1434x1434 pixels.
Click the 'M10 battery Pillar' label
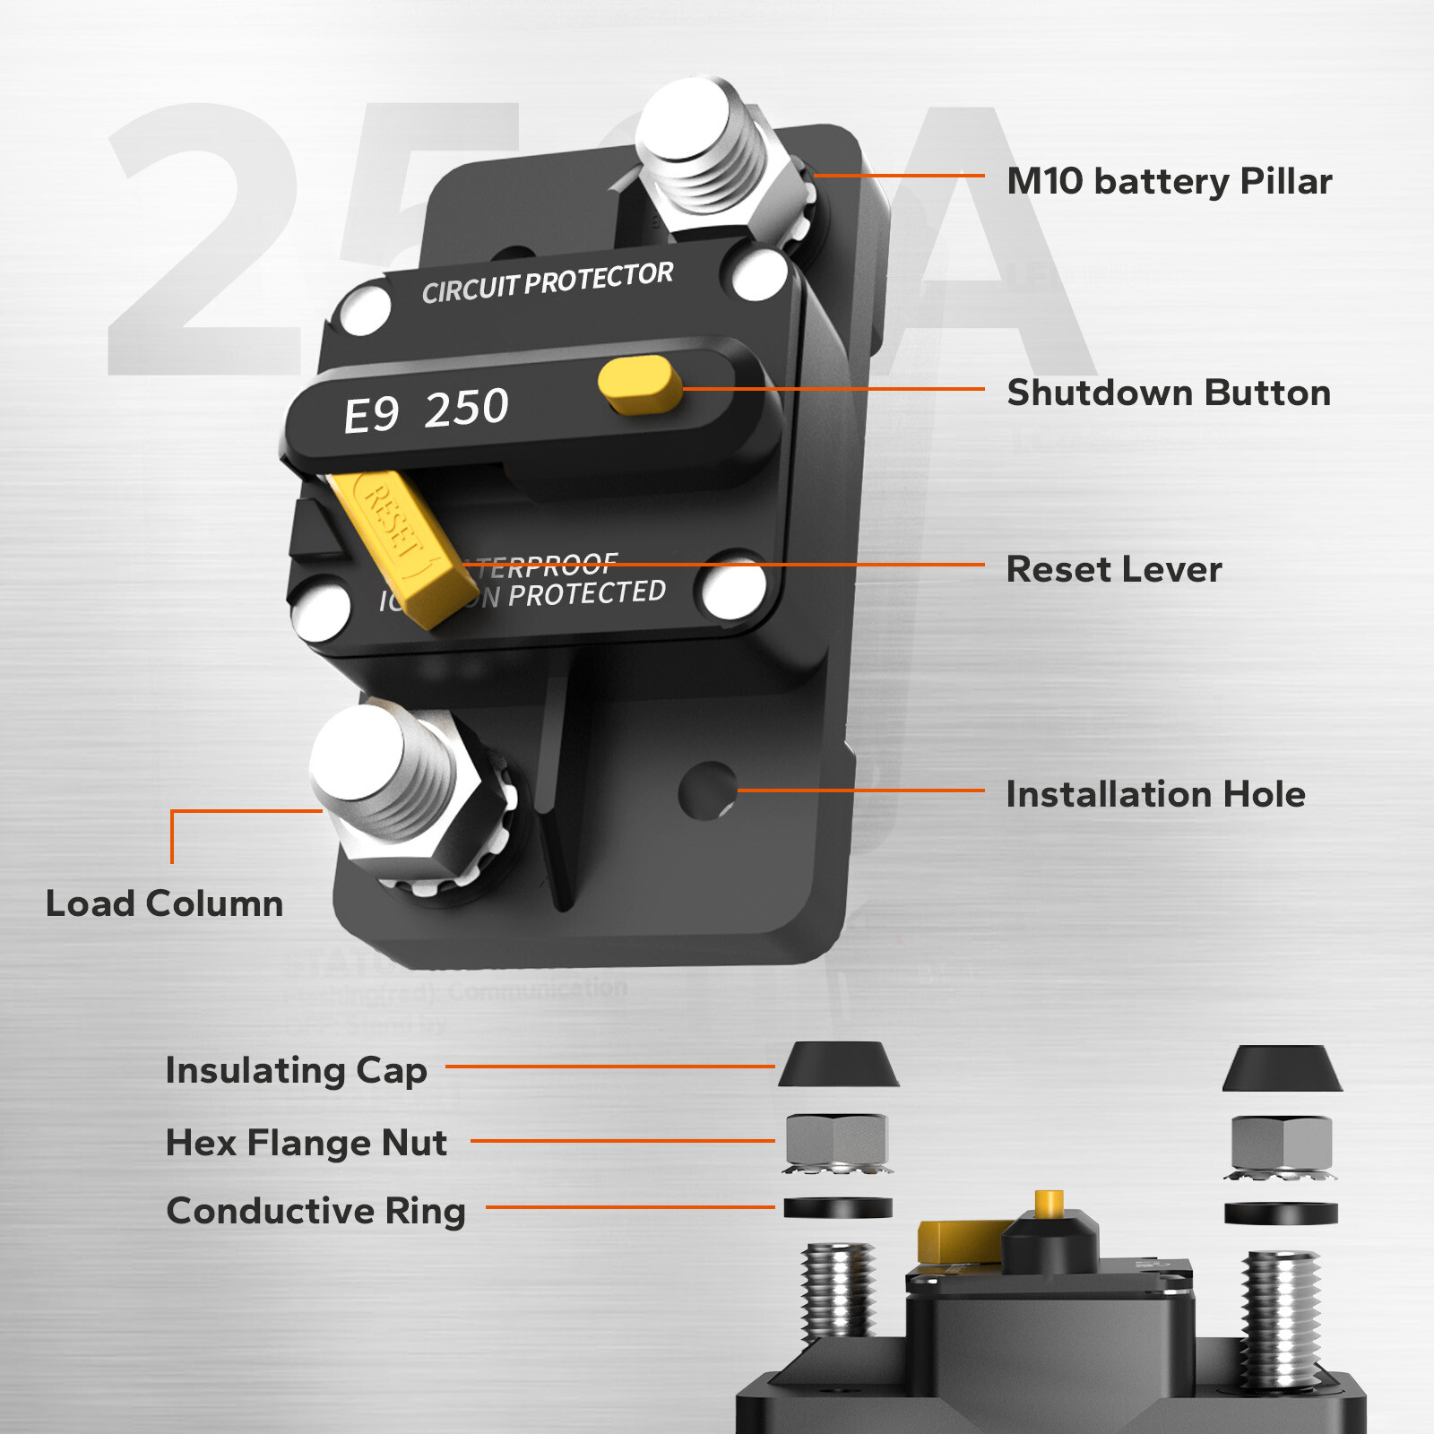click(x=1169, y=181)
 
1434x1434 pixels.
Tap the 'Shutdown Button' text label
click(x=1169, y=393)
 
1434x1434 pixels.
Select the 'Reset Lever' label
click(x=1114, y=569)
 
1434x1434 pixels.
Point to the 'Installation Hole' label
click(x=1155, y=794)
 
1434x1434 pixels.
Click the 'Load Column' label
click(x=164, y=903)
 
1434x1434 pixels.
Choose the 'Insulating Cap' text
click(x=296, y=1070)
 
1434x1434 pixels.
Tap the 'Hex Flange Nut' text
click(x=307, y=1143)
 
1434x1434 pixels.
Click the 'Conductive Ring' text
click(x=315, y=1211)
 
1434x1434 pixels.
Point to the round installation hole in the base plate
click(x=707, y=790)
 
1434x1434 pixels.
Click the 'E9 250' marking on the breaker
click(x=427, y=410)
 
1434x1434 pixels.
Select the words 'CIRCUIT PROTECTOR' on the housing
click(x=548, y=282)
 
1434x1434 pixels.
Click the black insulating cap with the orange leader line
click(x=838, y=1065)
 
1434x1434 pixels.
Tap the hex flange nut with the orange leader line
click(x=836, y=1142)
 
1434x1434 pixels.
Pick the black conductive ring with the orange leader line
click(x=838, y=1207)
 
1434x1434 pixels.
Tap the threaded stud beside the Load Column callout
click(x=385, y=771)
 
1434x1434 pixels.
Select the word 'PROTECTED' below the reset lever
click(x=586, y=593)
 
